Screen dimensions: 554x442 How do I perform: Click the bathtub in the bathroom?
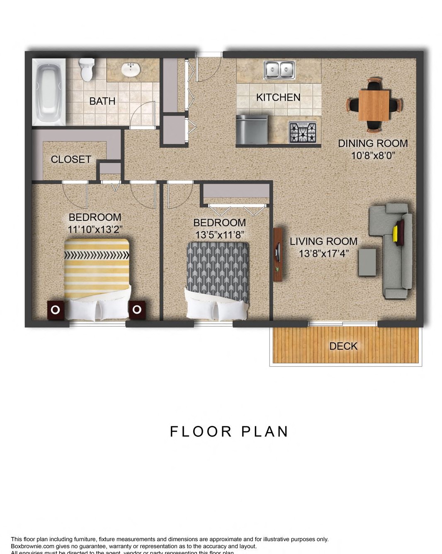(x=49, y=92)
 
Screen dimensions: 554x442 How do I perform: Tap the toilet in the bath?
(x=87, y=69)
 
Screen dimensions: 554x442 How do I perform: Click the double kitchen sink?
(x=279, y=70)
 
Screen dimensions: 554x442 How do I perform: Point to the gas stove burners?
(x=302, y=133)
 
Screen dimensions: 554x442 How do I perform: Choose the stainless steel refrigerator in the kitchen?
(x=252, y=129)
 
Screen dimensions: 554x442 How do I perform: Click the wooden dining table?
(x=374, y=105)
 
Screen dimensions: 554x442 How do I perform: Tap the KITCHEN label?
(x=278, y=97)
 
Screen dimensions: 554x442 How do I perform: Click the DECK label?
(x=343, y=346)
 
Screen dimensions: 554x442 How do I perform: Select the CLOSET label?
(x=71, y=160)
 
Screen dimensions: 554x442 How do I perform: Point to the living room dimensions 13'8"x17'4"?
(x=323, y=254)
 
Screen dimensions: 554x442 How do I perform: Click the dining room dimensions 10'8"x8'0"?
(x=373, y=155)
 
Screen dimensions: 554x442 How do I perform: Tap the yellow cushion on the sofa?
(x=396, y=233)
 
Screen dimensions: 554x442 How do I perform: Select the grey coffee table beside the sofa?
(x=367, y=262)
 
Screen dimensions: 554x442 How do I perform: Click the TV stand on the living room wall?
(x=278, y=254)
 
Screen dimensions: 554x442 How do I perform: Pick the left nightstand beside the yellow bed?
(x=56, y=310)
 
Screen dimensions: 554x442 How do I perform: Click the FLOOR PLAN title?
(x=229, y=431)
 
